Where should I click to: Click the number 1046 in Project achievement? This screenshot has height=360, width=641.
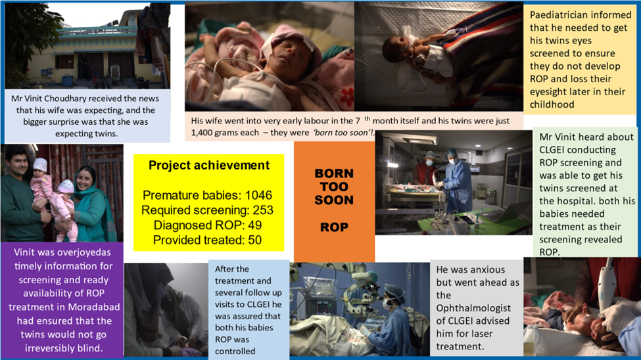pos(258,195)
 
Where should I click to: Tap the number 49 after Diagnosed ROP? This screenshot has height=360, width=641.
pos(254,225)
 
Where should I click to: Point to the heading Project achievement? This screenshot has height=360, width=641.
pos(209,166)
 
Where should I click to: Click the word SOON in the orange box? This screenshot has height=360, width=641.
pos(334,200)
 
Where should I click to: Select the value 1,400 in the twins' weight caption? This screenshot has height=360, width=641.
pos(203,133)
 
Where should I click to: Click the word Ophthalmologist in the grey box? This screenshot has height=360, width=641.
pos(473,309)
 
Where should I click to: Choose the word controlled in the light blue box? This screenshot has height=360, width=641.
pos(235,351)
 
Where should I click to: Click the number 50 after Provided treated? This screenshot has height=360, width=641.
pos(254,240)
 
